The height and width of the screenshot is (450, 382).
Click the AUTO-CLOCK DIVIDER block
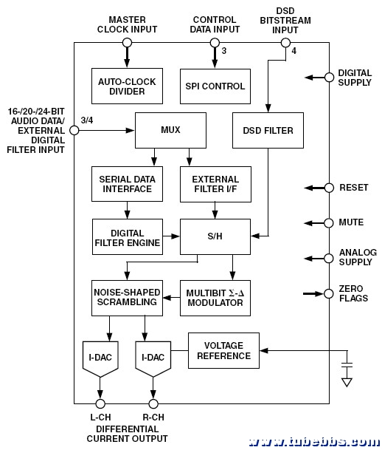pos(127,86)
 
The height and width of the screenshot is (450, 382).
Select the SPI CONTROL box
pos(215,86)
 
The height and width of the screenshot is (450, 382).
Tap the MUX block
pos(170,130)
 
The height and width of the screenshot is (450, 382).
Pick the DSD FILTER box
pos(268,130)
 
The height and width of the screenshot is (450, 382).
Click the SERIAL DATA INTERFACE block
pos(127,184)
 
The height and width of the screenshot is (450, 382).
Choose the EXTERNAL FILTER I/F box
pos(215,184)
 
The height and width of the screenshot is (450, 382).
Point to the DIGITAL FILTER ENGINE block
pos(128,236)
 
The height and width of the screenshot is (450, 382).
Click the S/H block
pos(215,236)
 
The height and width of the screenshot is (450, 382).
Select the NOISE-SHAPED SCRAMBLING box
pos(127,298)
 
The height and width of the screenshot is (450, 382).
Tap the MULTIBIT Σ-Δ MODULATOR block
pos(215,298)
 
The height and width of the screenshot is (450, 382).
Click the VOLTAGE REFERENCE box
pos(223,350)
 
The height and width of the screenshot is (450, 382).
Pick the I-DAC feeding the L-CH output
pos(100,358)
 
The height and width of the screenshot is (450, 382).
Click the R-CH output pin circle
pos(153,403)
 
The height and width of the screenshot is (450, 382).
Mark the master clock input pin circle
pos(127,43)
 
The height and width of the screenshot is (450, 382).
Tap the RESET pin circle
pos(329,188)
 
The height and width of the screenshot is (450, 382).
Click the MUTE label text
pos(351,222)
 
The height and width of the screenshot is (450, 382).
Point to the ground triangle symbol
pos(347,383)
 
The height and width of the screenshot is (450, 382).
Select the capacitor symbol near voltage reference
pos(347,364)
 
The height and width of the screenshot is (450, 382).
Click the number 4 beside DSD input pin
pos(294,51)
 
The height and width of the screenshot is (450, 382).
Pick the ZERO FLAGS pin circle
pos(329,293)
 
